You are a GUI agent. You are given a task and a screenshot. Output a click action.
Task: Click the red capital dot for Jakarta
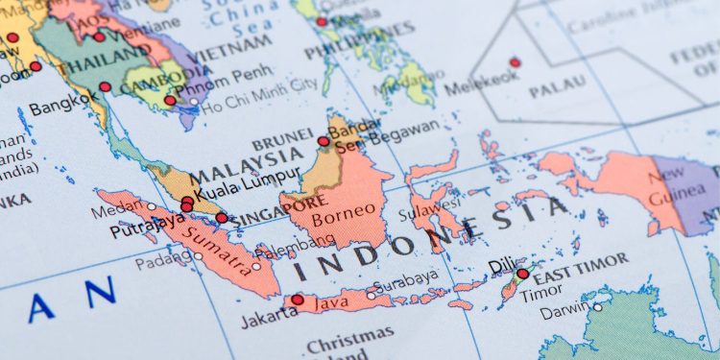(x=298, y=300)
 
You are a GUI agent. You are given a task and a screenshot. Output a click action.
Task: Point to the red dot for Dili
(x=522, y=274)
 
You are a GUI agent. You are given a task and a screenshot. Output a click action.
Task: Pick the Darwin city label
(x=564, y=312)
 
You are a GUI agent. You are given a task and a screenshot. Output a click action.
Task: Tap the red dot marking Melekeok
(x=516, y=62)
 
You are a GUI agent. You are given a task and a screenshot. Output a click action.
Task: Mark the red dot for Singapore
(x=222, y=218)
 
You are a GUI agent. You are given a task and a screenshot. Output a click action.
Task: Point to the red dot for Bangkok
(x=105, y=87)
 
